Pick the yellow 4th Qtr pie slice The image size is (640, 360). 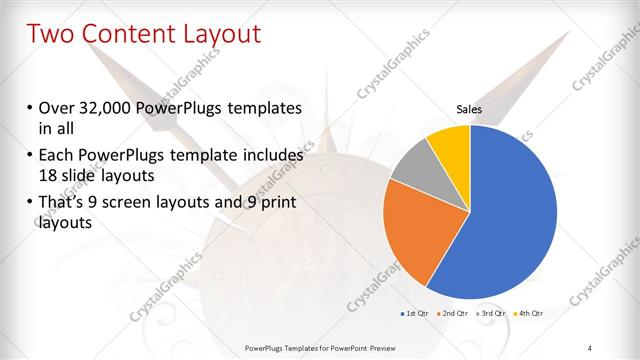[451, 144]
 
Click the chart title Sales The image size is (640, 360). [469, 109]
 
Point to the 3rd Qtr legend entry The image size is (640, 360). [491, 314]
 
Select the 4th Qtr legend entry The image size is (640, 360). [530, 314]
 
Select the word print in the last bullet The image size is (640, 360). [276, 203]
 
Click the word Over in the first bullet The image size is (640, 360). [57, 108]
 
